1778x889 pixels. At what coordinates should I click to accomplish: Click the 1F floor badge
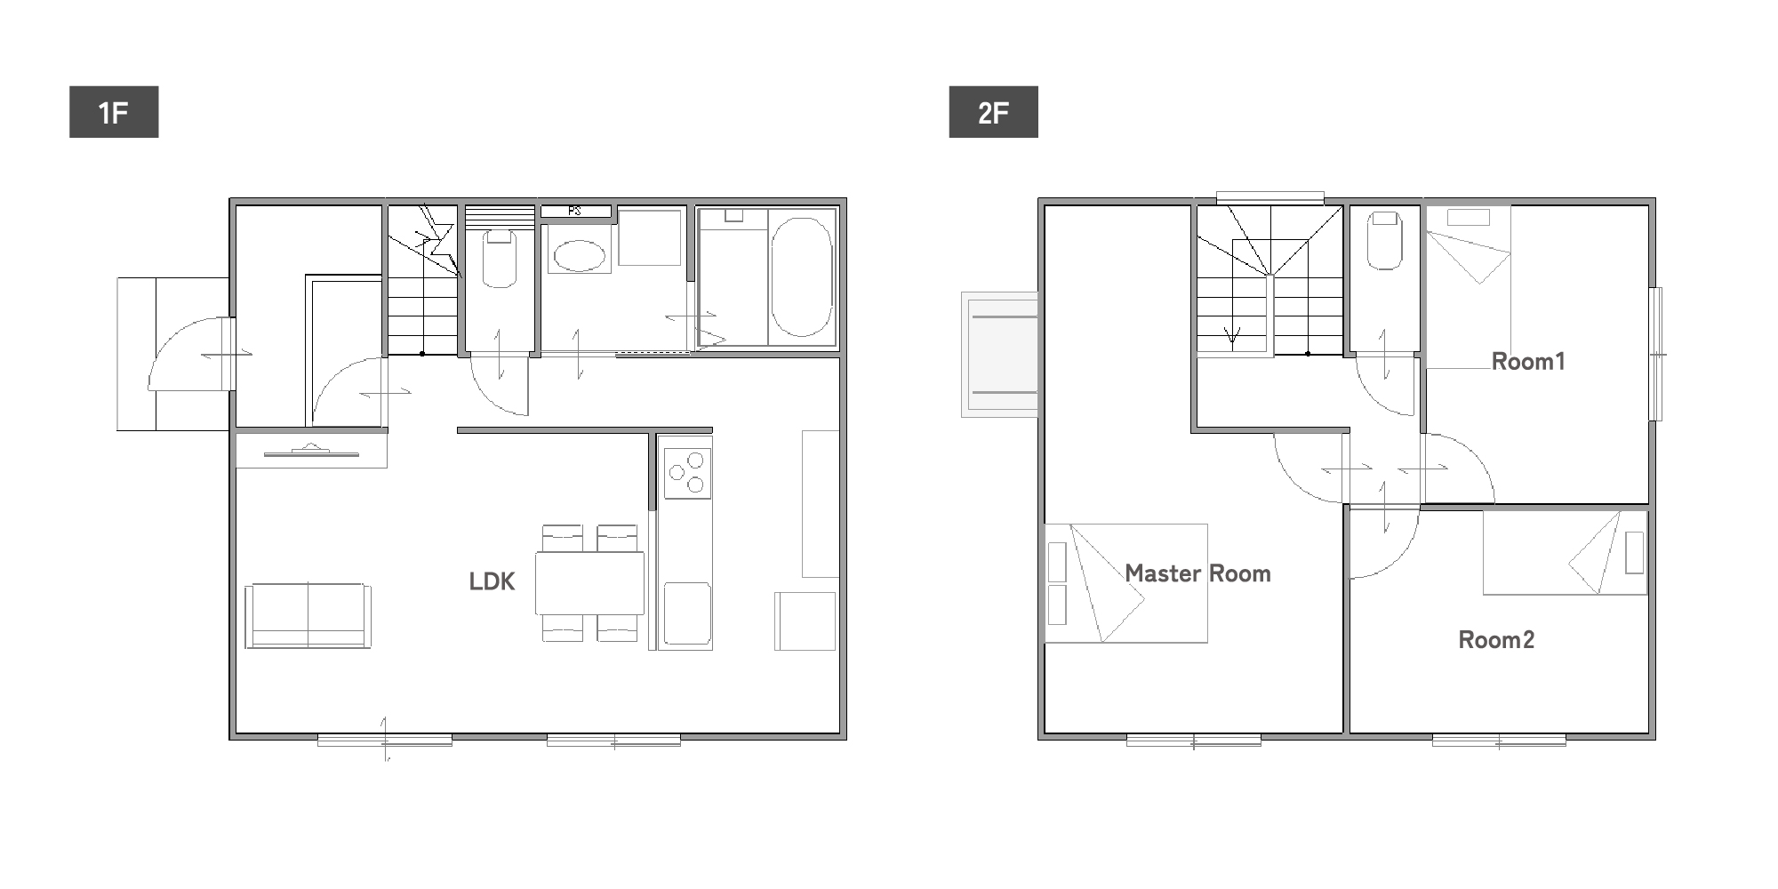[114, 112]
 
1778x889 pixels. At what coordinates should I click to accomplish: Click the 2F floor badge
[993, 112]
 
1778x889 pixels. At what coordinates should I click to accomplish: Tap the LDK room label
[492, 581]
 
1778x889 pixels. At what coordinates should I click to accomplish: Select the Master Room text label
[1197, 573]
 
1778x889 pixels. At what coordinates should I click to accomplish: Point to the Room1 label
[1528, 362]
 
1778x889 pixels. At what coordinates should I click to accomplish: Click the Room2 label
[1496, 640]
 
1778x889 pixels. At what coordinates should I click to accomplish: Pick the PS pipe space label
[574, 212]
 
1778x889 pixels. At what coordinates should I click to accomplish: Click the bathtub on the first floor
[802, 276]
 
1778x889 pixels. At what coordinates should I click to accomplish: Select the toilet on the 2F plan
[1384, 239]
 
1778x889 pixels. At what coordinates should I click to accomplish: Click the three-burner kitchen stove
[687, 473]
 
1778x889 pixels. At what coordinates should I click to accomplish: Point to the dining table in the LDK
[590, 583]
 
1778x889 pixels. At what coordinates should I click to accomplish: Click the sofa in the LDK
[308, 615]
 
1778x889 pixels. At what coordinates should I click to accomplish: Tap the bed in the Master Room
[1126, 583]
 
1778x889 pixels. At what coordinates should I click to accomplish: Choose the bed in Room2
[1565, 552]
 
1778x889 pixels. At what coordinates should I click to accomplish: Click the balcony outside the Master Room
[999, 354]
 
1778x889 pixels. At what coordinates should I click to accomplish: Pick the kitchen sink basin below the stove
[687, 613]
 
